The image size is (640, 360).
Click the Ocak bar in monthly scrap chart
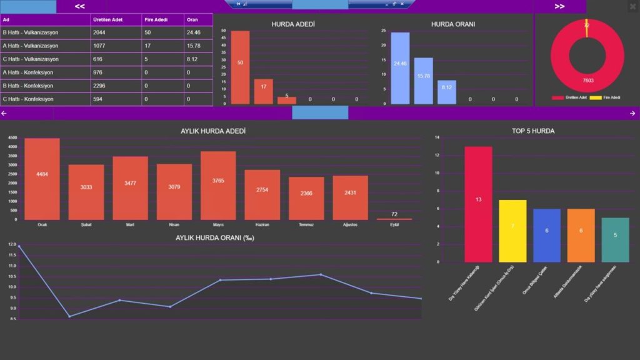(42, 179)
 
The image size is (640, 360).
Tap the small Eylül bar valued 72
(394, 219)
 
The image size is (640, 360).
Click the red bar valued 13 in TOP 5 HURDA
(478, 204)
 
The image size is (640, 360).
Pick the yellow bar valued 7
(512, 231)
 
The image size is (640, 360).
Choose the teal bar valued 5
(615, 239)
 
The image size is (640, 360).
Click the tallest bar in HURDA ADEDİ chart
(240, 67)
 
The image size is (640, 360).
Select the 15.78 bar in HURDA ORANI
(423, 81)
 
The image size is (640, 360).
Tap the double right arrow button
(559, 6)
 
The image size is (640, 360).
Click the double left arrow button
(80, 6)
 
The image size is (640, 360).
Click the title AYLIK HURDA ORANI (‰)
(214, 237)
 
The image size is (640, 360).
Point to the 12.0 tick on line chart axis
(12, 244)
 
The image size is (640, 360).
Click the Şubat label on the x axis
(86, 224)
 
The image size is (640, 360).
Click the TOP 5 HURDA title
(532, 131)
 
